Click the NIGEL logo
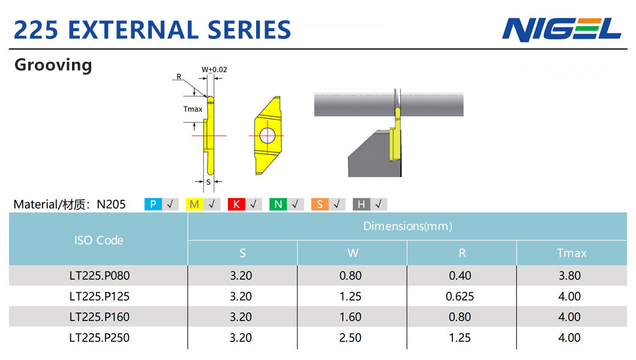(562, 29)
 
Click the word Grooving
(53, 65)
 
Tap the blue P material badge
(153, 205)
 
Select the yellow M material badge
(194, 205)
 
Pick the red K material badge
(236, 205)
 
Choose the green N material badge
(278, 205)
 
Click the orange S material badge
(320, 205)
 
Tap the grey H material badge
(361, 205)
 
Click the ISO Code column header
(98, 241)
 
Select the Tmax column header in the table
(572, 253)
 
